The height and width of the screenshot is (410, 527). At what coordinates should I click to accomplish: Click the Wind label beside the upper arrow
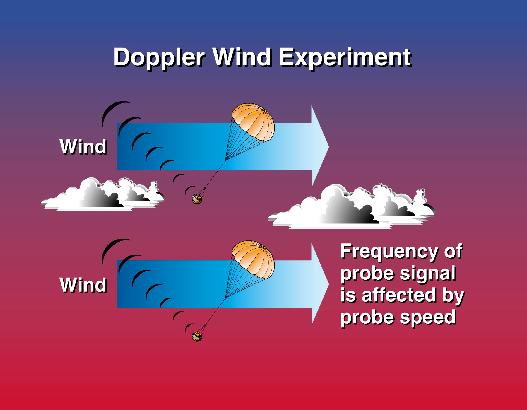(83, 147)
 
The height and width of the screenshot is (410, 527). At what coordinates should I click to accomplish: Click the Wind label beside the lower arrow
(83, 285)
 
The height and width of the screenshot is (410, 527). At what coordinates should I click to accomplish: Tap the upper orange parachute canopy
(253, 122)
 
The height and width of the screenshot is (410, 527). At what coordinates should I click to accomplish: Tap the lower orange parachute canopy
(253, 259)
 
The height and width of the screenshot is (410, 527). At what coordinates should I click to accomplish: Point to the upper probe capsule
(197, 199)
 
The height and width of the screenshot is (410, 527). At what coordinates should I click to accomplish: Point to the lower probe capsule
(197, 336)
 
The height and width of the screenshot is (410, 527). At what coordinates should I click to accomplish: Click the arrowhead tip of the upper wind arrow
(329, 146)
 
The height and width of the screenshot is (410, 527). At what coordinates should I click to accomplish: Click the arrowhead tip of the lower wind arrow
(329, 284)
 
